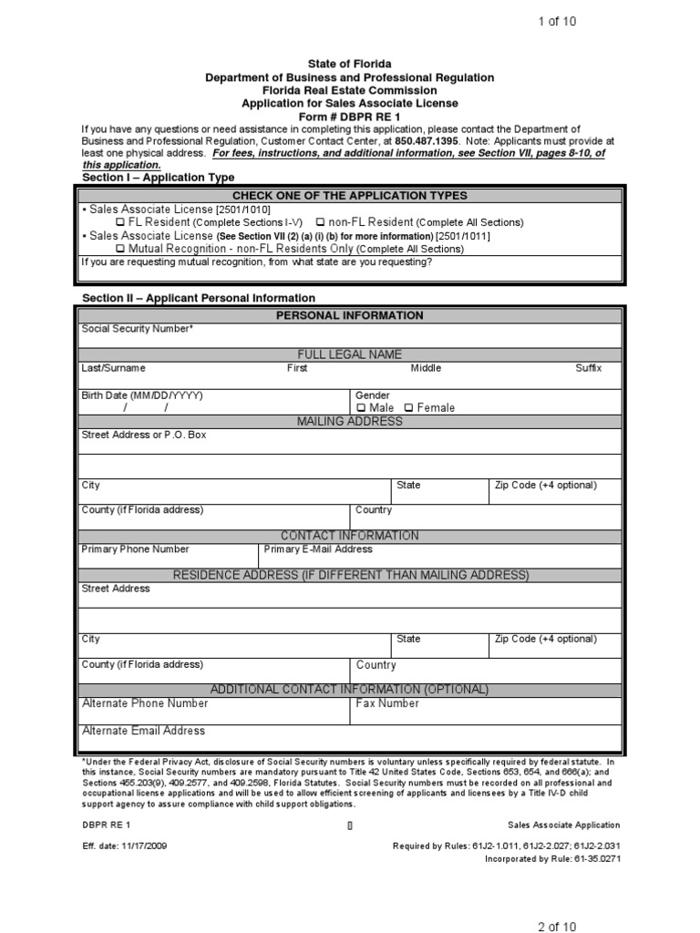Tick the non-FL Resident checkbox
320,222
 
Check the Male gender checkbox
361,408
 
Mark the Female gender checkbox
408,408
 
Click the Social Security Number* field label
137,329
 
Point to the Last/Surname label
113,368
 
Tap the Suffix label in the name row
588,368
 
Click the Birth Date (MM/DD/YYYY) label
141,395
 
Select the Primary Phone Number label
135,549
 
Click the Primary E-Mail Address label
317,549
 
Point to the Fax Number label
387,703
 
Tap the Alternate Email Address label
143,731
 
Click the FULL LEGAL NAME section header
349,354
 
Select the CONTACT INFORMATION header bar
349,536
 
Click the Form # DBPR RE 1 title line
349,117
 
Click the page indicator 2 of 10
556,927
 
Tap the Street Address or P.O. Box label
144,436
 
